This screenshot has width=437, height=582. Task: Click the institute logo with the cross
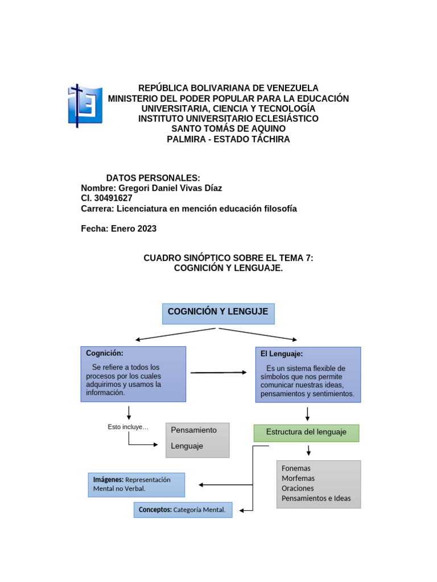point(85,105)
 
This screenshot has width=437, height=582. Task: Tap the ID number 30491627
point(113,198)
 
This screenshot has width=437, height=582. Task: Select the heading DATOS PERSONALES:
point(153,178)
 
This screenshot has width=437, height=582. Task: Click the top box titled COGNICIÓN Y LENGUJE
point(218,313)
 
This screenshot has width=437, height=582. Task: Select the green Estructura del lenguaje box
point(306,433)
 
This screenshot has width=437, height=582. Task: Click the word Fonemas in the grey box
point(296,468)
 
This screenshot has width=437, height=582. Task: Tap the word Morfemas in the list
point(298,479)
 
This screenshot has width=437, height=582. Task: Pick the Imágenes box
point(136,484)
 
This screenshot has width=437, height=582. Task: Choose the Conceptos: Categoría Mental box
point(183,510)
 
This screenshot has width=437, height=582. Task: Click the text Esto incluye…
point(128,427)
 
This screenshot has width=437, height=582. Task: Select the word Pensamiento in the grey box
point(193,430)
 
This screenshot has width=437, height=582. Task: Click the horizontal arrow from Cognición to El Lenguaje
point(218,372)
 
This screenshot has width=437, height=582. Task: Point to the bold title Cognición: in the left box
point(105,354)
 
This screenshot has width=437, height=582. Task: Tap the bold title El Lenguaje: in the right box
point(282,354)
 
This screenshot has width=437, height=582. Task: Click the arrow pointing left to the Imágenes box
point(225,485)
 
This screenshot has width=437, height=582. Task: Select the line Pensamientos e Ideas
point(316,499)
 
